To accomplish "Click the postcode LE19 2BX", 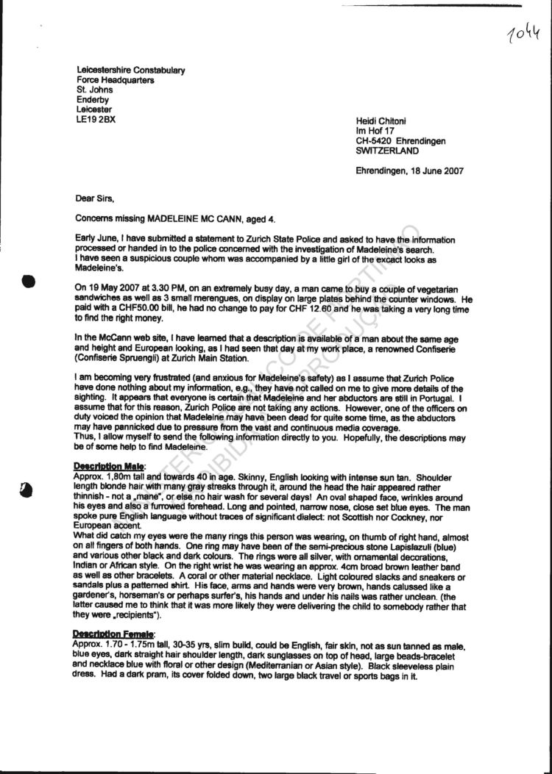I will pos(96,118).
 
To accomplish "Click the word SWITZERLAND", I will pos(387,151).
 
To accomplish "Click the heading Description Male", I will pos(110,465).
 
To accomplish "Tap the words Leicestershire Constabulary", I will pos(131,71).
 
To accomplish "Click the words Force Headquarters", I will pos(116,80).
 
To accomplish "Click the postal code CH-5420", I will pos(374,141).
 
